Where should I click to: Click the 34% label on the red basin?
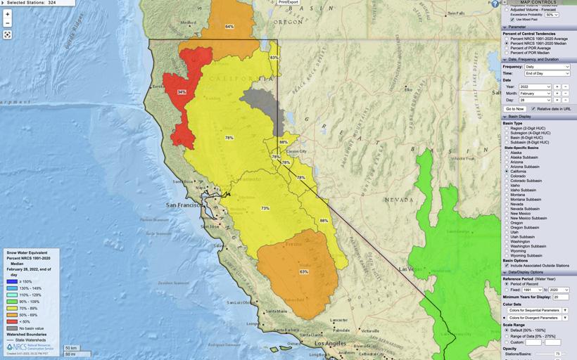182,92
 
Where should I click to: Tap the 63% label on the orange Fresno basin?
304,271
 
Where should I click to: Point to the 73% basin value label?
265,208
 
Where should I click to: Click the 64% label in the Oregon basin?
229,27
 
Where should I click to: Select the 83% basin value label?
274,58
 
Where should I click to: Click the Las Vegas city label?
407,269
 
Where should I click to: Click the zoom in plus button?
8,14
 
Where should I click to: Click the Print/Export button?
288,3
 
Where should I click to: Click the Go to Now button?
515,109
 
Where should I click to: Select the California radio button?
507,172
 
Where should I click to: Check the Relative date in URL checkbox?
533,109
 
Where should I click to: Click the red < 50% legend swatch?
11,321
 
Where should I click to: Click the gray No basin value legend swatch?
11,328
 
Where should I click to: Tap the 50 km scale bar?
72,347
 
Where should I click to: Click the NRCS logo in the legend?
15,347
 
